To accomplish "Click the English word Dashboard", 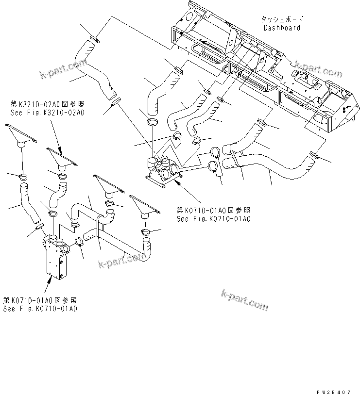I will coord(282,28).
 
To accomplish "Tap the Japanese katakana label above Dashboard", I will coord(282,19).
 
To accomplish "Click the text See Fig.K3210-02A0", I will coord(47,112).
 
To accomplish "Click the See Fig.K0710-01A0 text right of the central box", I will coord(213,219).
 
